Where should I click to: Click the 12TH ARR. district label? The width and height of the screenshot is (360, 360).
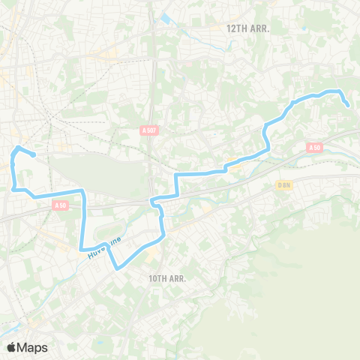247,28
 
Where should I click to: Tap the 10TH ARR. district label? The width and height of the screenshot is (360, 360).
167,278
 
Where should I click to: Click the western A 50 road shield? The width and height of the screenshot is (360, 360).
61,205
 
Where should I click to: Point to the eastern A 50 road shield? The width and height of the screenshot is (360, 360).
315,148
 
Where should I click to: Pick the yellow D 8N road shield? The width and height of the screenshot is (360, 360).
283,184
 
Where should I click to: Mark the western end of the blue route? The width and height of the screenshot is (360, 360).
34,155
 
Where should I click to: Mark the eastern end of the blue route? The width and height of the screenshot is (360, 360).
349,106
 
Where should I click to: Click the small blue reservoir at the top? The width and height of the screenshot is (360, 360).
164,18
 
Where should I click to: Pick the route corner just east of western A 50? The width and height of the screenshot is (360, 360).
83,193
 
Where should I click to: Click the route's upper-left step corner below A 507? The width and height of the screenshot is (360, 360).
176,175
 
